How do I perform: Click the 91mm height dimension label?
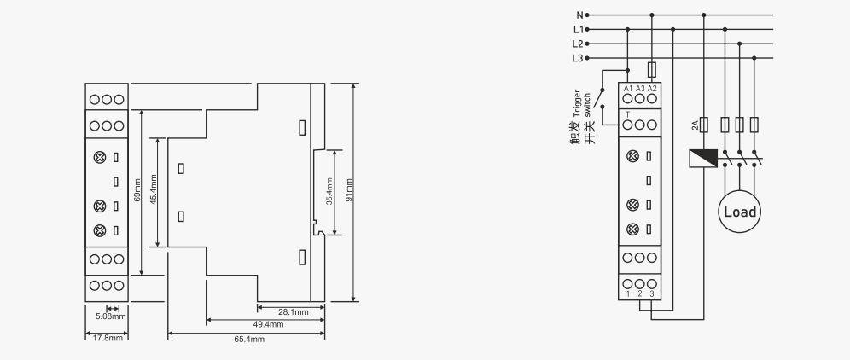(349, 190)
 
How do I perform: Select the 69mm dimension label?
(137, 190)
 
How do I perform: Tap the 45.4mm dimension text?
(154, 189)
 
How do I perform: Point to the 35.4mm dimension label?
(329, 191)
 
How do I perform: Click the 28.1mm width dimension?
(294, 311)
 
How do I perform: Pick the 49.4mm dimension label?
(268, 324)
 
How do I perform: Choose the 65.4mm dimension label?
(249, 339)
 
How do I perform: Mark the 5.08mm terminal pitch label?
(111, 316)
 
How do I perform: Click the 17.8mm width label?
(108, 338)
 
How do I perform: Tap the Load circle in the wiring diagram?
(739, 212)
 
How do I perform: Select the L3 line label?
(578, 58)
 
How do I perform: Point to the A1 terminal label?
(628, 89)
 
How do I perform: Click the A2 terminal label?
(652, 89)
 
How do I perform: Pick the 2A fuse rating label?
(695, 125)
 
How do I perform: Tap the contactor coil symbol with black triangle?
(703, 159)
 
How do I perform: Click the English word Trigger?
(577, 103)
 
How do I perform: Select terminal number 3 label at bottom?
(652, 293)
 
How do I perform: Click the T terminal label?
(628, 114)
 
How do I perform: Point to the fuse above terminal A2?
(652, 69)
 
